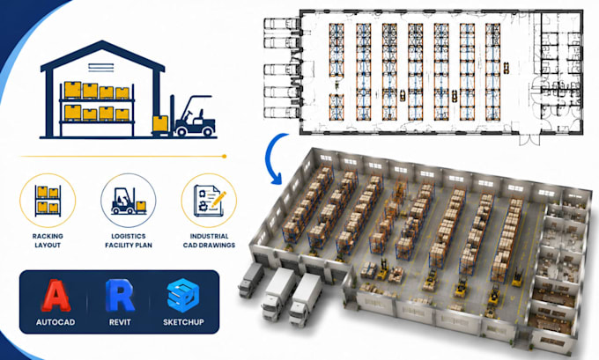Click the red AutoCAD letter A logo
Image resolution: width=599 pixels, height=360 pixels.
(55, 296)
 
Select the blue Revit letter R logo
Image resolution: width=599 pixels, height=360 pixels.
(120, 296)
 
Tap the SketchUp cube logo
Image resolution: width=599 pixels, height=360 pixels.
(183, 296)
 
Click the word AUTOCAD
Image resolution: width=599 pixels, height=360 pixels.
(55, 322)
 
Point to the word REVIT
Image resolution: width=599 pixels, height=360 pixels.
(120, 322)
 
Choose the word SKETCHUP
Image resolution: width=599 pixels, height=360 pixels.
(183, 322)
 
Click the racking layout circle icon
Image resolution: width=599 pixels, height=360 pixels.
(48, 201)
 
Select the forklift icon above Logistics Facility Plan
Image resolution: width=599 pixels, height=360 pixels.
(129, 201)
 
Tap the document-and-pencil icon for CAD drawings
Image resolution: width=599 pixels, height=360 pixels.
(210, 201)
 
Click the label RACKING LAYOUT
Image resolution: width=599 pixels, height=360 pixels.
(48, 240)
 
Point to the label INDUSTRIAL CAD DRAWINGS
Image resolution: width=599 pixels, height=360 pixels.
(209, 240)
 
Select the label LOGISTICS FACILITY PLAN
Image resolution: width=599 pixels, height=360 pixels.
(129, 240)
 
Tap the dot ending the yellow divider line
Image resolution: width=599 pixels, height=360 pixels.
(225, 156)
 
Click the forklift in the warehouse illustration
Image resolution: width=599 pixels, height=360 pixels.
(192, 116)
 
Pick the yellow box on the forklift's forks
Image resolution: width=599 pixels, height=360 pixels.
(160, 123)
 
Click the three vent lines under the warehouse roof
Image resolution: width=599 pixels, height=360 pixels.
(100, 68)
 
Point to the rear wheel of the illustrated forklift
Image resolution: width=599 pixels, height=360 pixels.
(208, 132)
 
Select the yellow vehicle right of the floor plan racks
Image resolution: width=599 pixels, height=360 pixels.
(507, 68)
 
